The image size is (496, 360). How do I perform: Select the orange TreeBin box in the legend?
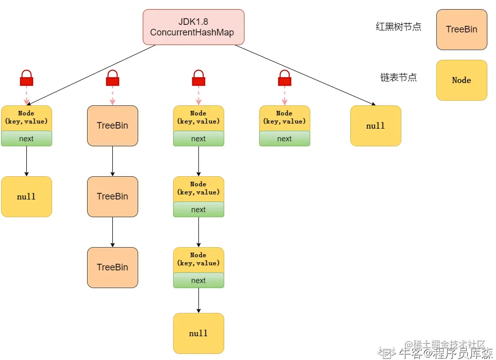[462, 29]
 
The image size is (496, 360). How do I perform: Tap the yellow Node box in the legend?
[462, 80]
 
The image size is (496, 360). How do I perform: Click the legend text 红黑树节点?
[398, 27]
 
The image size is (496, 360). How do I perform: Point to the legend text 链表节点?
[398, 77]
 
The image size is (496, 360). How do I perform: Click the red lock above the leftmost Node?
[26, 78]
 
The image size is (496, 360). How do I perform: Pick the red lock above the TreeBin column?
[112, 78]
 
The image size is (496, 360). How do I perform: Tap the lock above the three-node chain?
[198, 78]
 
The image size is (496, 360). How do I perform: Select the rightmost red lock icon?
[284, 78]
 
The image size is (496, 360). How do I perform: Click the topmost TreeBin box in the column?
[112, 126]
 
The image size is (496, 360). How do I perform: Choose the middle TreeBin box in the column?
[112, 196]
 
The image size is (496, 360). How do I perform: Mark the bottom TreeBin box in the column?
[112, 267]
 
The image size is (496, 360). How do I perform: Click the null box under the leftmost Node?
[26, 196]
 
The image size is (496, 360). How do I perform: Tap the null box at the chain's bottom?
[198, 333]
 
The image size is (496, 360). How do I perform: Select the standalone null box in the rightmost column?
[376, 126]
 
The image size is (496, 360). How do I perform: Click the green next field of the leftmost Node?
[26, 139]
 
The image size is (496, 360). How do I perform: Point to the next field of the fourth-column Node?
[284, 139]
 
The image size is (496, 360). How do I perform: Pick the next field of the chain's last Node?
[198, 281]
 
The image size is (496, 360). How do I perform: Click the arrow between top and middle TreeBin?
[112, 161]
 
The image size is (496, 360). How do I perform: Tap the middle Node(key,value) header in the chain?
[198, 188]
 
